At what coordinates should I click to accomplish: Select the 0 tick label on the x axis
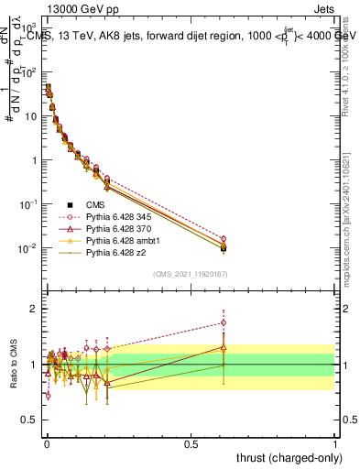click(46, 443)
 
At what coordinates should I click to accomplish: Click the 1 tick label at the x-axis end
click(334, 443)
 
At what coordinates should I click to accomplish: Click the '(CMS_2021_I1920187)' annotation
click(191, 275)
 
